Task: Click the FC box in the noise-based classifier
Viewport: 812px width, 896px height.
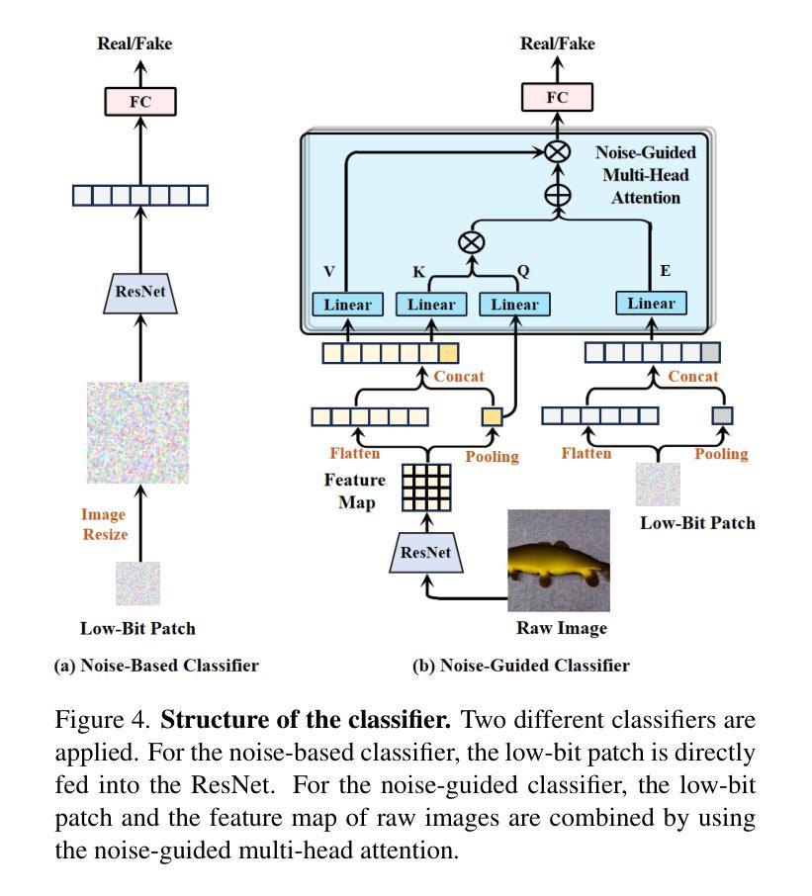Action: pyautogui.click(x=140, y=101)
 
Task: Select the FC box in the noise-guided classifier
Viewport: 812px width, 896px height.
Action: pyautogui.click(x=558, y=97)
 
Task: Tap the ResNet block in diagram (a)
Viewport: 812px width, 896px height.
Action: pyautogui.click(x=140, y=292)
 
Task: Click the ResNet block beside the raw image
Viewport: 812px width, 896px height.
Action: pyautogui.click(x=426, y=553)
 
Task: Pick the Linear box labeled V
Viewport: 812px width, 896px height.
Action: pyautogui.click(x=347, y=304)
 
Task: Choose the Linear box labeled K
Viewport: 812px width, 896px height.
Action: pyautogui.click(x=431, y=304)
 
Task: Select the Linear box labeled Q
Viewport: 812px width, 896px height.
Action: pyautogui.click(x=515, y=304)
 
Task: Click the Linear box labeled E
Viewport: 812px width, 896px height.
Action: pyautogui.click(x=651, y=303)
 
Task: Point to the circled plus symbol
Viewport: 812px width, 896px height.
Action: pyautogui.click(x=558, y=194)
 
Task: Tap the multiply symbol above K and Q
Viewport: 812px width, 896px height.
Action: pyautogui.click(x=473, y=242)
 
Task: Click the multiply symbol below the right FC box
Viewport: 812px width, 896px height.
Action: pyautogui.click(x=558, y=151)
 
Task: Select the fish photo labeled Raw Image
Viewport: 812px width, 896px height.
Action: pyautogui.click(x=558, y=561)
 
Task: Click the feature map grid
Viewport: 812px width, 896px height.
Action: pyautogui.click(x=426, y=487)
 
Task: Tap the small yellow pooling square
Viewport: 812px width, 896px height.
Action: pyautogui.click(x=492, y=416)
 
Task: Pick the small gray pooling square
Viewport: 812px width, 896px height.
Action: pyautogui.click(x=723, y=415)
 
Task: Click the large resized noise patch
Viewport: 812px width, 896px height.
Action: pyautogui.click(x=138, y=432)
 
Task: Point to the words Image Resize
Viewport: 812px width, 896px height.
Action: pyautogui.click(x=104, y=524)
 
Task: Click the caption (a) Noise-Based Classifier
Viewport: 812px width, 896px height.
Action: pyautogui.click(x=156, y=666)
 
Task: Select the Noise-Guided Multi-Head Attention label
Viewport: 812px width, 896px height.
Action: pyautogui.click(x=645, y=175)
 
